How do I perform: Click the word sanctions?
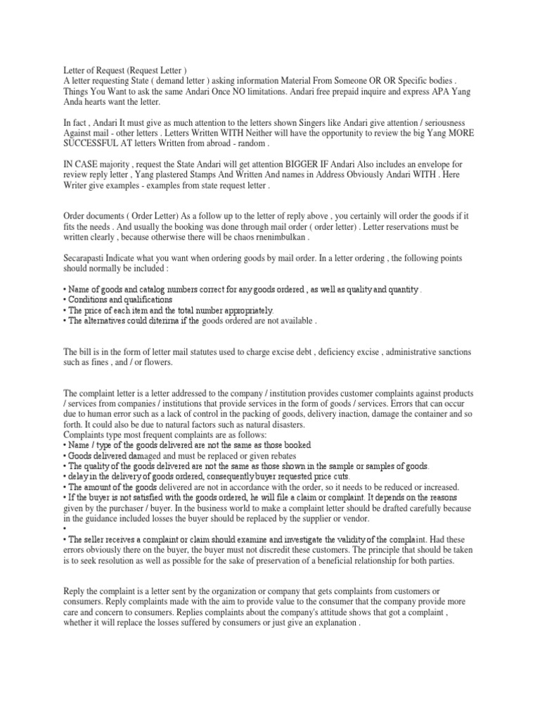[454, 351]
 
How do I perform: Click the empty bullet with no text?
[65, 528]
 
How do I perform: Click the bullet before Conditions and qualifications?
[65, 300]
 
